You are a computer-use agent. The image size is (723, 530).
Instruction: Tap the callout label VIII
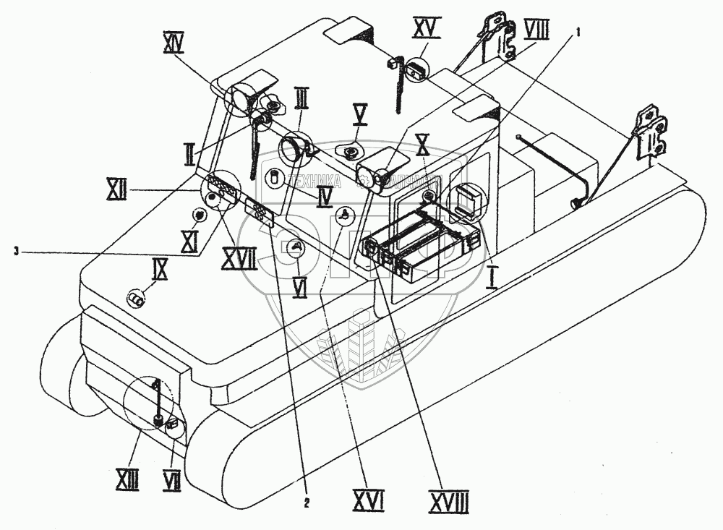click(x=536, y=30)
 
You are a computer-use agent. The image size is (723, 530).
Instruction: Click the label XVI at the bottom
click(x=368, y=499)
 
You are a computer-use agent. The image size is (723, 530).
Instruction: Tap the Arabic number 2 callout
click(x=307, y=504)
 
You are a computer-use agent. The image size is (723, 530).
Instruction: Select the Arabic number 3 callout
click(x=15, y=251)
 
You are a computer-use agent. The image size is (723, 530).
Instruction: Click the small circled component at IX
click(x=135, y=297)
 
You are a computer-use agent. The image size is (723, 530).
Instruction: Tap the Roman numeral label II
click(x=189, y=153)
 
